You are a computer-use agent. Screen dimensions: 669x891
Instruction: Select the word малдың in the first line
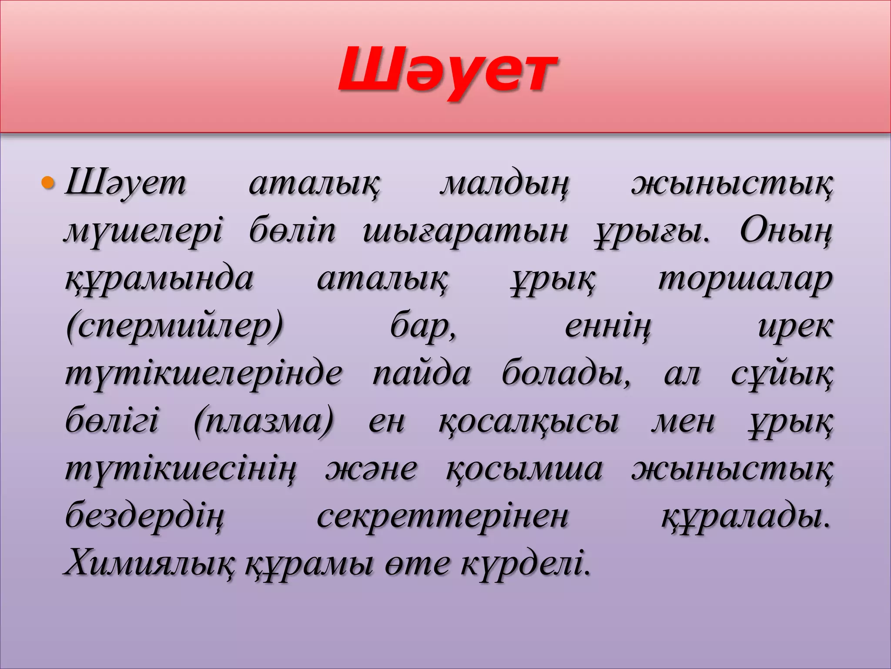click(x=505, y=185)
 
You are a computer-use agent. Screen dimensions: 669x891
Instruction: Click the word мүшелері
click(x=143, y=231)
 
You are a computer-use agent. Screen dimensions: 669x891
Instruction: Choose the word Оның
click(x=786, y=231)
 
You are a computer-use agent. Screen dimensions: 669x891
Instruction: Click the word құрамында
click(x=159, y=279)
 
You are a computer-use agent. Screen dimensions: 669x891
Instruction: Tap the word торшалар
click(x=745, y=279)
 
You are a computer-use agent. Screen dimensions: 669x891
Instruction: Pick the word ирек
click(x=795, y=326)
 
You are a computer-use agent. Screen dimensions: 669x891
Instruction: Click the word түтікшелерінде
click(x=204, y=374)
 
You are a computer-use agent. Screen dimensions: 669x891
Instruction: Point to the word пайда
click(x=422, y=374)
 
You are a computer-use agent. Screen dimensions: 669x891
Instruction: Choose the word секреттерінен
click(x=442, y=517)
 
